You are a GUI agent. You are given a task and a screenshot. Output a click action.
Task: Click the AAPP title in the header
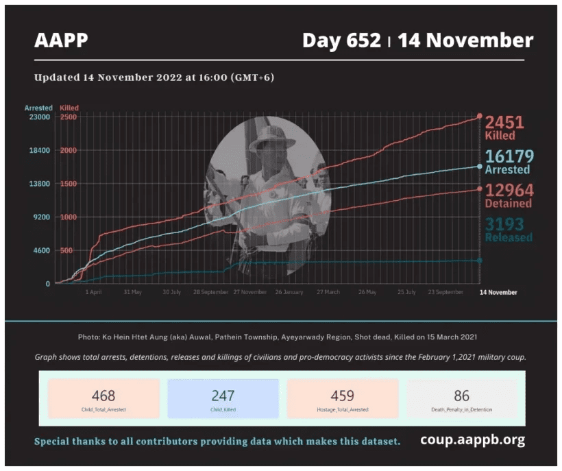tap(61, 41)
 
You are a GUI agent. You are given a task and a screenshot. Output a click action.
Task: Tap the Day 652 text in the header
tap(341, 41)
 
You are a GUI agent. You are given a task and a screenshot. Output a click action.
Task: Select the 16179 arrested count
tap(509, 157)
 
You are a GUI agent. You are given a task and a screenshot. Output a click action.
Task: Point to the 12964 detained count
tap(509, 191)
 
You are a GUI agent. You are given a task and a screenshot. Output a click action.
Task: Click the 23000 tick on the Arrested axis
tap(38, 117)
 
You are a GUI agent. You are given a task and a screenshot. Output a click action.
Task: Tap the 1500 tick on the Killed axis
tap(68, 184)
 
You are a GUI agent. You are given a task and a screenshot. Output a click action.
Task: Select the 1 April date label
tap(94, 292)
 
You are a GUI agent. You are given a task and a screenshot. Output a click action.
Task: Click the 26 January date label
tap(289, 292)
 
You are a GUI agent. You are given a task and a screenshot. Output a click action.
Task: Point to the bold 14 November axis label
tap(498, 292)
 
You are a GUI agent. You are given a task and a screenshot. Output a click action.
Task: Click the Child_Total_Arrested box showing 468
tap(103, 399)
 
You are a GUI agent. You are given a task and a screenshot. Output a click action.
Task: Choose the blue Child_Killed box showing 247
tap(223, 399)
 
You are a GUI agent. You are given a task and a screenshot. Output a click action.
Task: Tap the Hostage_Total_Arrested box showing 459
tap(342, 399)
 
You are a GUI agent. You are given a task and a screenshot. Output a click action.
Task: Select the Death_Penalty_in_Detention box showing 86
tap(461, 399)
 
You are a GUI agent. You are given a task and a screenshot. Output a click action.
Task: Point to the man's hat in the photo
tap(273, 138)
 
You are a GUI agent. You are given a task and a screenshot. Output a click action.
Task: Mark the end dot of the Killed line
tap(480, 117)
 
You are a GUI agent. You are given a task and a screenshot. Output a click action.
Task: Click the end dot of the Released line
tap(480, 260)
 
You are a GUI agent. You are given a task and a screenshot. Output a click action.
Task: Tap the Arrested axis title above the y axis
tap(38, 108)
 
